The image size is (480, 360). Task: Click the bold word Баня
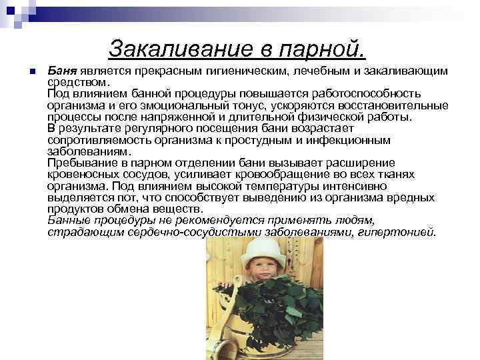[62, 71]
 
